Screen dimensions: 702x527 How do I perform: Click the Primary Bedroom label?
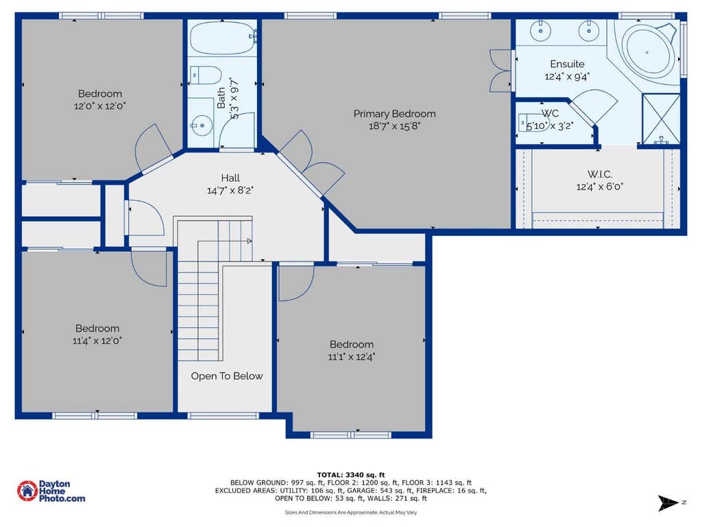[x=394, y=114]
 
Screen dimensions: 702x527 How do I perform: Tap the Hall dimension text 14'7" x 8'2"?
[x=230, y=191]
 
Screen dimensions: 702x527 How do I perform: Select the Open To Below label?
[x=226, y=376]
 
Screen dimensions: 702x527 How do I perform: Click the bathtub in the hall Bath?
[x=223, y=38]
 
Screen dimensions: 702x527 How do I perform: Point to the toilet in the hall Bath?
[x=206, y=75]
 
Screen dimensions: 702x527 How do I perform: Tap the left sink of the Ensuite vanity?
[x=541, y=30]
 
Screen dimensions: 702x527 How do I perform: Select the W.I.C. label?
[x=600, y=174]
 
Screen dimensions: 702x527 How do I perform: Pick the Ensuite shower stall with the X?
[x=661, y=119]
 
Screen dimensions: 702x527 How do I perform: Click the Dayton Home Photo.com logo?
[x=51, y=491]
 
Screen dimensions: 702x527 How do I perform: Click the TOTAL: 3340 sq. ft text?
[x=351, y=475]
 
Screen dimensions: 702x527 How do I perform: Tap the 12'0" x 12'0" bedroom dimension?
[x=100, y=106]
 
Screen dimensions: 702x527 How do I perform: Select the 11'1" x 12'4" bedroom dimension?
[x=352, y=357]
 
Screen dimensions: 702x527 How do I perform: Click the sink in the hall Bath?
[x=202, y=125]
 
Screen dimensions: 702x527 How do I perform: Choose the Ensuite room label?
[x=567, y=64]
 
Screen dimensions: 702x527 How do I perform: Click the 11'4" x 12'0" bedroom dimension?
[x=97, y=340]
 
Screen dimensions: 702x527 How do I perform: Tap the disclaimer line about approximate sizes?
[x=351, y=512]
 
